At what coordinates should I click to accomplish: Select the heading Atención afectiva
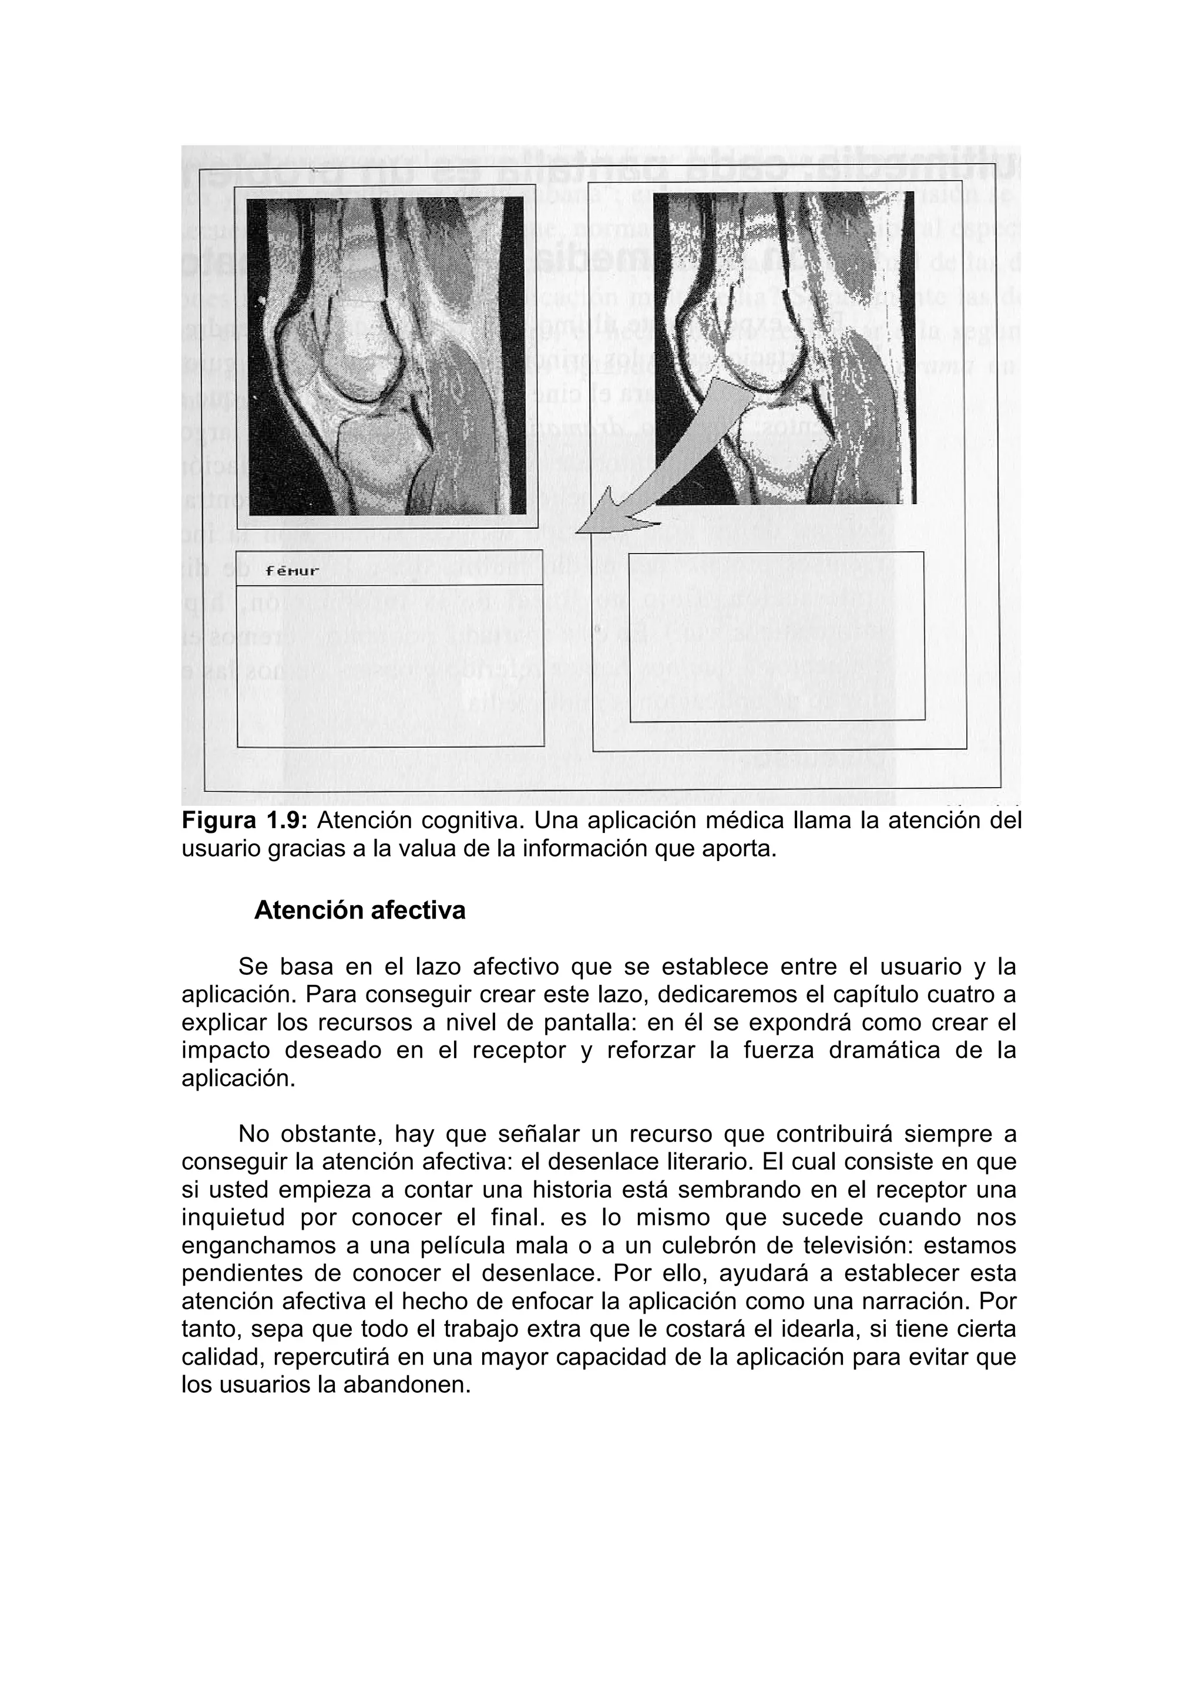(x=359, y=910)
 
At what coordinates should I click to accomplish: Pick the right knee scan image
(x=786, y=348)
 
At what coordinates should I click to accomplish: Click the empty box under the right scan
(x=776, y=636)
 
